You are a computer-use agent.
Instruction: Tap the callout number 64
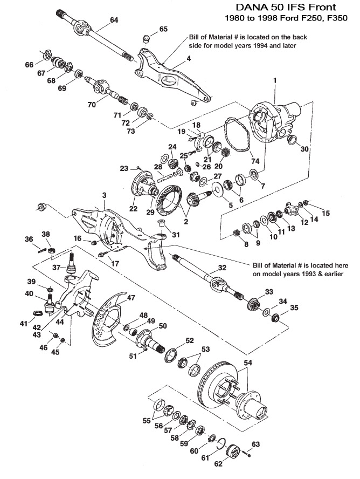point(114,20)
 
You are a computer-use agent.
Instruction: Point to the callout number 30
point(304,148)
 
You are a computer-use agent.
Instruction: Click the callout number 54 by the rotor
point(248,363)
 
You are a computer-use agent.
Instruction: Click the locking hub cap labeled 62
point(235,452)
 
